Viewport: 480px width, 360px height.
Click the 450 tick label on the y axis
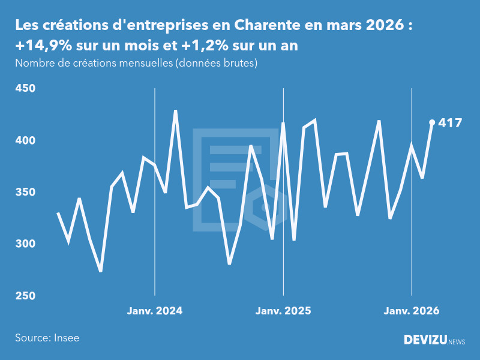tap(25, 89)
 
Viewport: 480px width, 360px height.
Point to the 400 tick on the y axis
tap(25, 140)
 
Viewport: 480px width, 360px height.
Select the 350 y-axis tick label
tap(25, 193)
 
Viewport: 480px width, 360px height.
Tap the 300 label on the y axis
tap(25, 244)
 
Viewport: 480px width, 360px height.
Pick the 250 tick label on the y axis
tap(25, 296)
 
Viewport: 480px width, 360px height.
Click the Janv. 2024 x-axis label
tap(155, 311)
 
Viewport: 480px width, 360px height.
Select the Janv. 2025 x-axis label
tap(283, 311)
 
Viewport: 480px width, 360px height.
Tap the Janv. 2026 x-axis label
tap(412, 311)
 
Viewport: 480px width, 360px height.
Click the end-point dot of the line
tap(432, 122)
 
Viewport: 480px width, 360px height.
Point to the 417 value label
tap(451, 123)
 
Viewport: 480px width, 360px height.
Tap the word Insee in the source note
tap(67, 338)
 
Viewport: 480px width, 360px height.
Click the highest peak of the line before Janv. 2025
tap(176, 110)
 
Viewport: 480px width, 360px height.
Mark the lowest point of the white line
tap(101, 271)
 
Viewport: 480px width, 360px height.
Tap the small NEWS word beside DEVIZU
tap(457, 341)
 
